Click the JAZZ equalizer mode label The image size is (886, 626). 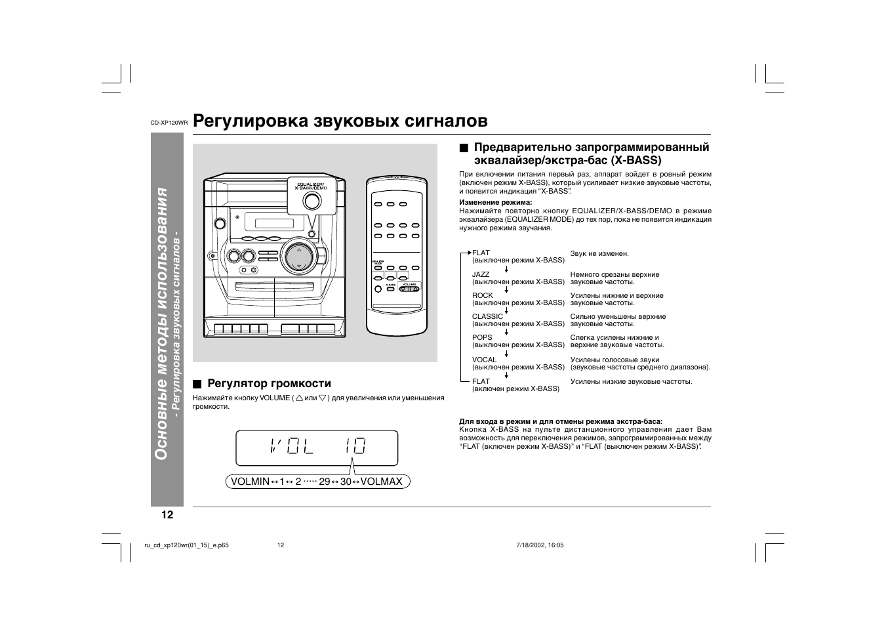[481, 274]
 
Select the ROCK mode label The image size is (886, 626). [482, 295]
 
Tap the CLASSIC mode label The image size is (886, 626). [487, 316]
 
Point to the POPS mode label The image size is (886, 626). [482, 337]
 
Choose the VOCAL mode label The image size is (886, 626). [484, 360]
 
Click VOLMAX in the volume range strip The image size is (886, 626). [381, 482]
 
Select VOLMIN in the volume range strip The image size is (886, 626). [249, 482]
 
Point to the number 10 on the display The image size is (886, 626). [353, 447]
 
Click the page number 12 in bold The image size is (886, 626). [167, 514]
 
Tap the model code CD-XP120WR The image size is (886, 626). [169, 123]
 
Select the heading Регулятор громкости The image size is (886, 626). [269, 383]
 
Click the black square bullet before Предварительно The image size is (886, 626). [464, 148]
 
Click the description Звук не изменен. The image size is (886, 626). [599, 253]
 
